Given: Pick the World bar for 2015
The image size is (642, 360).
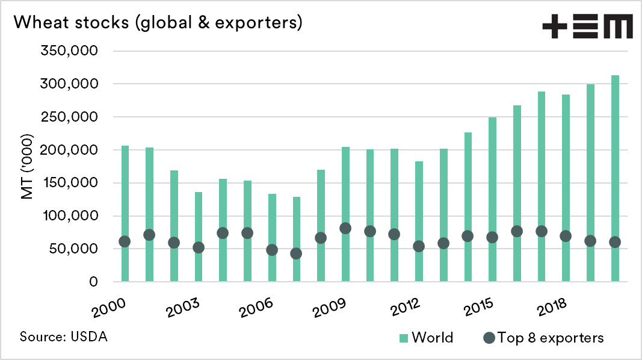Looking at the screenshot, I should [492, 199].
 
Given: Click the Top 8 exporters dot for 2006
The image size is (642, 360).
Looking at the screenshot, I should [272, 250].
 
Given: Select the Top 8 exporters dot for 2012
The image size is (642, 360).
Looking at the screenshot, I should [419, 246].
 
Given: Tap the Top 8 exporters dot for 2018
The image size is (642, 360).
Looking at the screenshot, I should [566, 236].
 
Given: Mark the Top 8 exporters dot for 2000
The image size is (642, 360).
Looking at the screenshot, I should [125, 241].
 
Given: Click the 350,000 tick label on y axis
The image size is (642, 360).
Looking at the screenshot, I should [69, 51].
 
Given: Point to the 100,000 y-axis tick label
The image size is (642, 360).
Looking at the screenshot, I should [69, 216].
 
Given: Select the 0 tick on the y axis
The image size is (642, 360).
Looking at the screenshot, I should [92, 282].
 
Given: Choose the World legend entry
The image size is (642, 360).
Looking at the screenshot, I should [425, 337].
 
